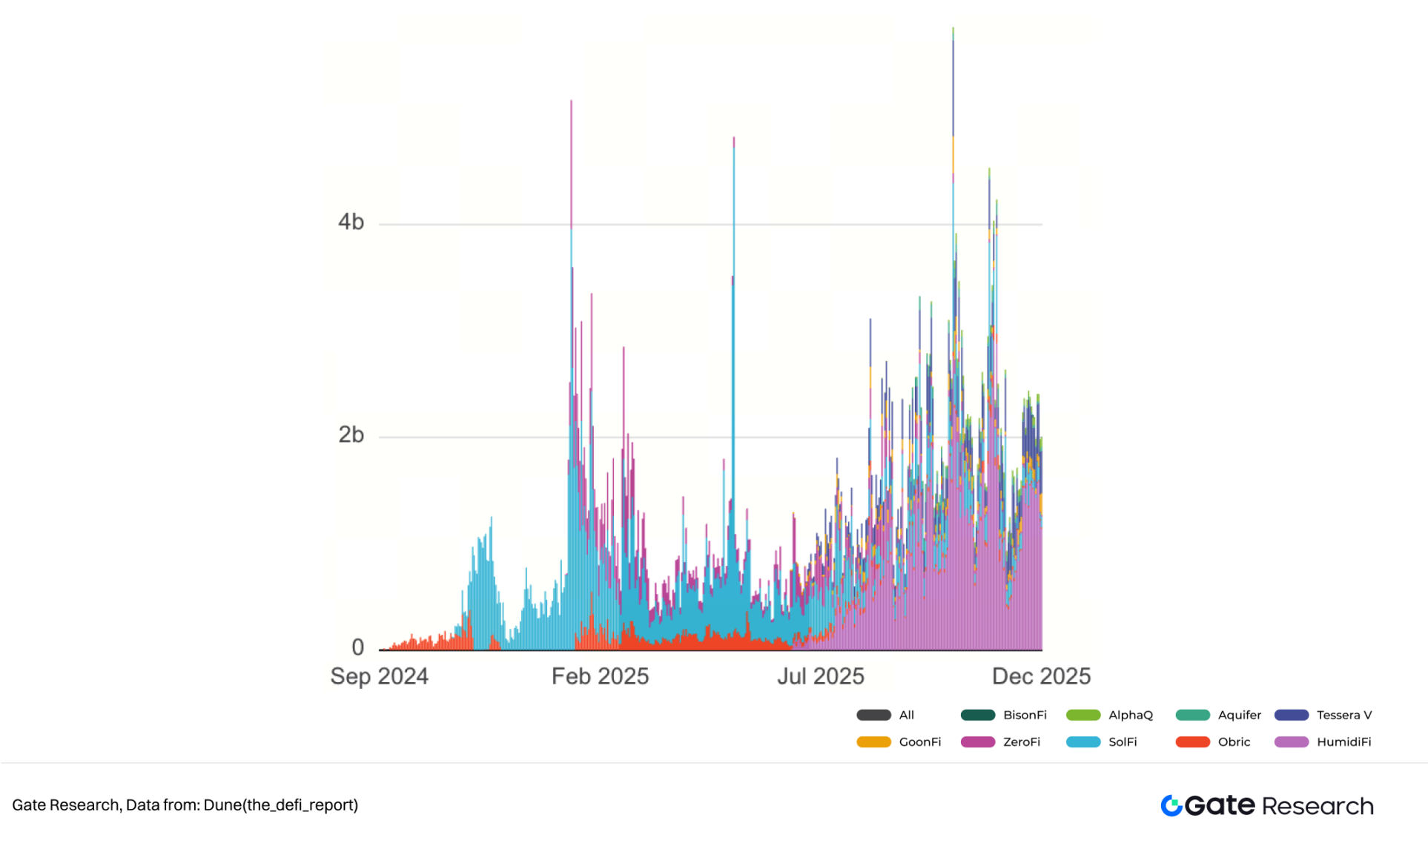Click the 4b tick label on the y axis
pos(351,222)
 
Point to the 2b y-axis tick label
pos(351,435)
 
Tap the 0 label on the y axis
pos(357,647)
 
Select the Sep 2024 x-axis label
pos(379,676)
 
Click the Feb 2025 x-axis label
pos(600,676)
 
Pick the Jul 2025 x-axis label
pos(820,676)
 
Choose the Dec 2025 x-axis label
pos(1041,676)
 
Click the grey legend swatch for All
pos(873,716)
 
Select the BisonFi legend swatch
pos(977,716)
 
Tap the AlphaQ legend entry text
pos(1131,716)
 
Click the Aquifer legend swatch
pos(1192,716)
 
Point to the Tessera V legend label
pos(1343,716)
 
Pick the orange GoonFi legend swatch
pos(873,742)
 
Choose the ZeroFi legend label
pos(1021,742)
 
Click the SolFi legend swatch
pos(1082,742)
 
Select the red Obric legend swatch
pos(1192,742)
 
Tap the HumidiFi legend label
pos(1343,742)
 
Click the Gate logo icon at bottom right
pos(1171,806)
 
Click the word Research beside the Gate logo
pos(1318,807)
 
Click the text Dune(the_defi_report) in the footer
pos(280,805)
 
